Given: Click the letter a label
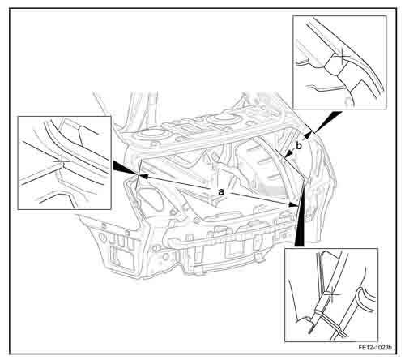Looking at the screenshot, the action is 221,192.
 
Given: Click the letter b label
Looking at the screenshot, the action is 299,146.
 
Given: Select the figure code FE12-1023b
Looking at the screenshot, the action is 375,347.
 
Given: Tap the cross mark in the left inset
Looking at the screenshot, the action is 62,161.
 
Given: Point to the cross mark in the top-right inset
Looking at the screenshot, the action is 342,56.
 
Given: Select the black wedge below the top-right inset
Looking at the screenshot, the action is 327,122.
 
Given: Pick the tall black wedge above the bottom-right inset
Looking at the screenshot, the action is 300,213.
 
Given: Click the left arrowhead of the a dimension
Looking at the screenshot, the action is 143,176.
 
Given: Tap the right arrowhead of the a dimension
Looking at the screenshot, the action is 293,204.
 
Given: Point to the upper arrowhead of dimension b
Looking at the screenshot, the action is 307,135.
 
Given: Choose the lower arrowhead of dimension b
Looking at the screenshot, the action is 288,154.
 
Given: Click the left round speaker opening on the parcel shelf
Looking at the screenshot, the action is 150,134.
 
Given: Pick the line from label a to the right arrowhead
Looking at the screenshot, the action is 260,199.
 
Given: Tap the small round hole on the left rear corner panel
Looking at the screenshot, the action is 102,238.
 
